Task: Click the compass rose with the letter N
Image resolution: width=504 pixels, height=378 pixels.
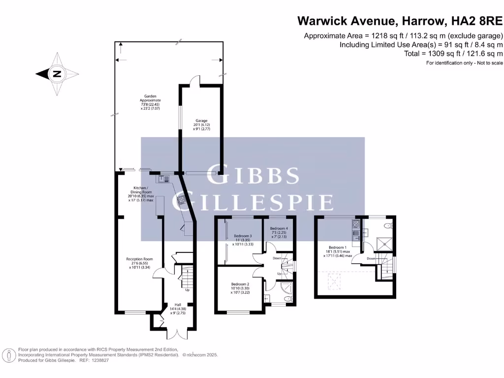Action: point(57,74)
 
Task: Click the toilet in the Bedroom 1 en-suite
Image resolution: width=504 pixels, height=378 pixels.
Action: point(388,226)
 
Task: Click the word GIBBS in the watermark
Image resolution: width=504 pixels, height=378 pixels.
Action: point(252,176)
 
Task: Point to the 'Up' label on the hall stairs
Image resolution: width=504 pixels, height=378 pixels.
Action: point(187,289)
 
